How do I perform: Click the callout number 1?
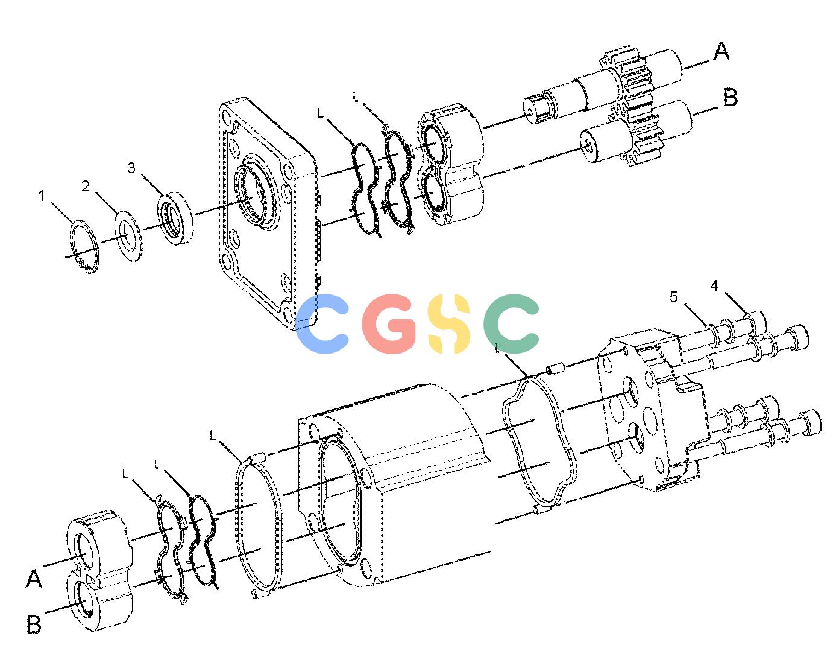(x=42, y=197)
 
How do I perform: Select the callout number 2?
(x=86, y=186)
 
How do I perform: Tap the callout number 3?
(x=131, y=168)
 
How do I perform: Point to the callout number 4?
(x=714, y=285)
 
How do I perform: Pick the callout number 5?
(x=673, y=297)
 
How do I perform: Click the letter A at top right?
(x=721, y=52)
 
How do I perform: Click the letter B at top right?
(x=731, y=98)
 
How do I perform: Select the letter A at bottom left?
(x=34, y=579)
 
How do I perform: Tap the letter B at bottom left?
(x=34, y=624)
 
